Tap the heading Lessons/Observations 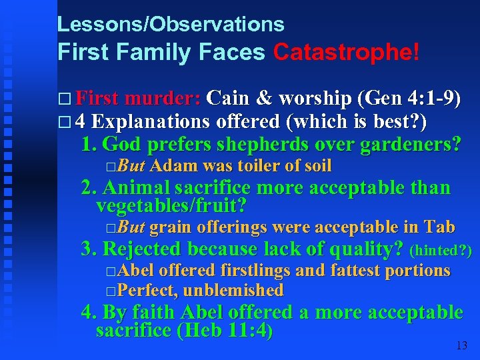(x=171, y=25)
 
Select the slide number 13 (x=461, y=345)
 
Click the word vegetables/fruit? (x=171, y=206)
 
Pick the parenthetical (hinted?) (x=441, y=251)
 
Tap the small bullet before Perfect (x=110, y=291)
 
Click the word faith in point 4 (x=156, y=312)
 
